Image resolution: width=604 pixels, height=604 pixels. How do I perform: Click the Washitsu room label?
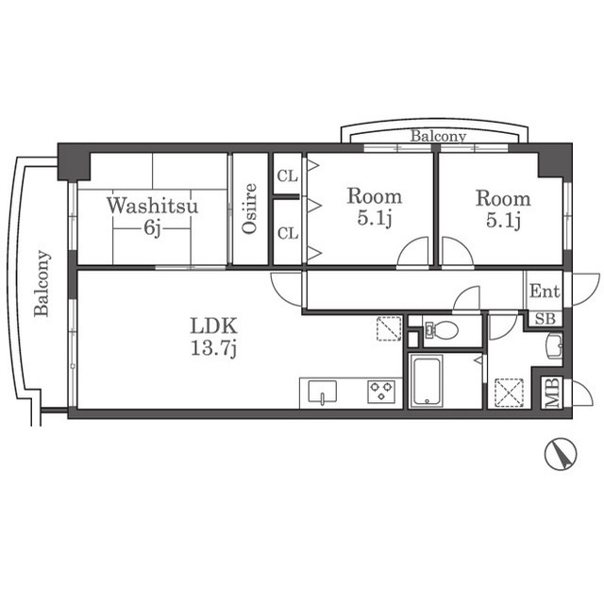coord(153,206)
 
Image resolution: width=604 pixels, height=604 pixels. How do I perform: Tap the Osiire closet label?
coord(249,209)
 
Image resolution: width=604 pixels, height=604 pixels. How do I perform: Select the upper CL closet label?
coord(288,176)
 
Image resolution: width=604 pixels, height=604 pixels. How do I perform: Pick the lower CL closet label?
coord(288,233)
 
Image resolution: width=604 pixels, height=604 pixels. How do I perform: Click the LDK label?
coord(214,326)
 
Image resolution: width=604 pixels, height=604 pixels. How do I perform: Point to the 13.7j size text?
coord(214,348)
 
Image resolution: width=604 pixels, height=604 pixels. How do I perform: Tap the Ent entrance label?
coord(545,292)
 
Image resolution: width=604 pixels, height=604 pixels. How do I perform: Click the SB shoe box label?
coord(545,319)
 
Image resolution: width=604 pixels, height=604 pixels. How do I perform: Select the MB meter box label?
coord(552,393)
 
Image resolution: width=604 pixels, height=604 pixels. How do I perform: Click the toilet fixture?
coord(441,329)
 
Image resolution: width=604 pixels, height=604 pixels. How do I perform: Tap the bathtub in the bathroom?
coord(427,381)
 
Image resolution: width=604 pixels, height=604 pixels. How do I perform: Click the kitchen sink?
coord(323,393)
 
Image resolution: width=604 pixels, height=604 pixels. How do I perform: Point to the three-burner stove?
coord(381,392)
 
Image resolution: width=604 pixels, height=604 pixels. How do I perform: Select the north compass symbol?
coord(561,455)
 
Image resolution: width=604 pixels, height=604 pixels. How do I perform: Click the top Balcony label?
coord(438,136)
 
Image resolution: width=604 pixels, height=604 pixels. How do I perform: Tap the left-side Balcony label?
coord(42,283)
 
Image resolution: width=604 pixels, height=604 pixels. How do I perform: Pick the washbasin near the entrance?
coord(554,346)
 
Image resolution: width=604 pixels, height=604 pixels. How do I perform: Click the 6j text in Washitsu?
coord(152,228)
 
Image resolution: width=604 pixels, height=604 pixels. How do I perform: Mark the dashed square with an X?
coord(510,393)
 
